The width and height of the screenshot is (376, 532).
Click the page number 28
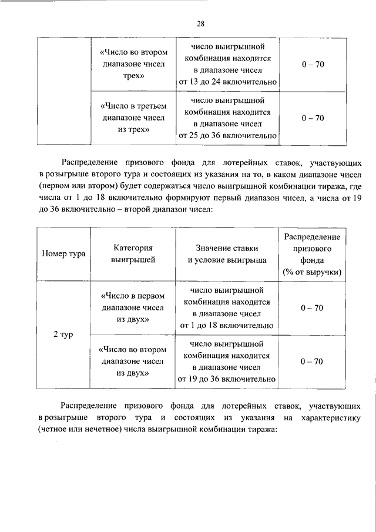(200, 24)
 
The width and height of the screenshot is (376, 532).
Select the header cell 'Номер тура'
(63, 254)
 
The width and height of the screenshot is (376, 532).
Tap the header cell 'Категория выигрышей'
(133, 254)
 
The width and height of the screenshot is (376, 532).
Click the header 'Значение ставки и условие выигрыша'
(227, 254)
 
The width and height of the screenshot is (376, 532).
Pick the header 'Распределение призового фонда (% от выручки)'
(312, 254)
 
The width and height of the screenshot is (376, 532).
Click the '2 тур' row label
(63, 334)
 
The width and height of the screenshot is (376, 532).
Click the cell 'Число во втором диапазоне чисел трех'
(133, 64)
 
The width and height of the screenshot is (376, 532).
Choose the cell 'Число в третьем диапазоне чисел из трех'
(133, 118)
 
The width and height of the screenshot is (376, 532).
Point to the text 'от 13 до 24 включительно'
(227, 82)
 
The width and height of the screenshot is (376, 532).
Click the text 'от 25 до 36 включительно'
(227, 136)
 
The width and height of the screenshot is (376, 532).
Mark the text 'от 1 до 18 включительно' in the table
(227, 326)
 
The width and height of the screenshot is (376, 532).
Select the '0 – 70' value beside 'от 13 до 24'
(312, 64)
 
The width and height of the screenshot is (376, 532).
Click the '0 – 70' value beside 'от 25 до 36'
(312, 118)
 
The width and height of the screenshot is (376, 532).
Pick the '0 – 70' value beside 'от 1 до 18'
(312, 307)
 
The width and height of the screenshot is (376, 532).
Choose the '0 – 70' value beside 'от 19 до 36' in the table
(312, 361)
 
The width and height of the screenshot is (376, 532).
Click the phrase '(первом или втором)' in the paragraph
(76, 186)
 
